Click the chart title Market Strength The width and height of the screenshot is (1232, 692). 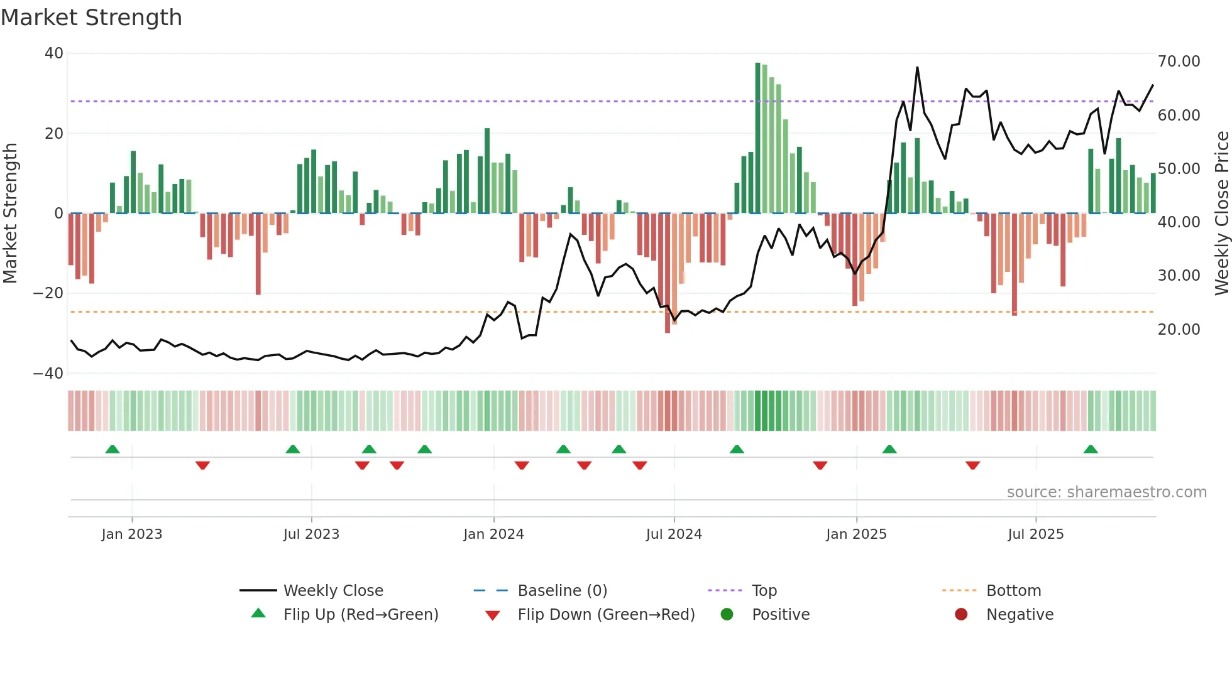[91, 18]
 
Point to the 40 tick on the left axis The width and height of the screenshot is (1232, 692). [54, 53]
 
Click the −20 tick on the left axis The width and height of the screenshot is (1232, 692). [48, 293]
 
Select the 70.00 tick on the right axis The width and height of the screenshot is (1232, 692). [1179, 62]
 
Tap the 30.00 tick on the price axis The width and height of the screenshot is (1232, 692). [1179, 276]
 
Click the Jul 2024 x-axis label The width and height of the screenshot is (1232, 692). [673, 534]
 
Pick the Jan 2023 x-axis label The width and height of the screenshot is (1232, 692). [131, 534]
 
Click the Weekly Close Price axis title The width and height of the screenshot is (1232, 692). [1221, 214]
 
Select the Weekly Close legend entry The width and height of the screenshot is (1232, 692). [333, 591]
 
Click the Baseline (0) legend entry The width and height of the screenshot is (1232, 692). [562, 591]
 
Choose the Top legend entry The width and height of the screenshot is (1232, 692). [764, 591]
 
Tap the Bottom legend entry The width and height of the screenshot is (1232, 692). [1013, 591]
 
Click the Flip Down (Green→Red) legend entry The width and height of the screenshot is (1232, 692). [605, 615]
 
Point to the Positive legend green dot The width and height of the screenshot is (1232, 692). [727, 615]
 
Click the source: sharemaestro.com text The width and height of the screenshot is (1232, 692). [1106, 492]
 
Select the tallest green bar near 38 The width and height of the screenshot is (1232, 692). [757, 138]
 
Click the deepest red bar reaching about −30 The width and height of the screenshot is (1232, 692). [668, 273]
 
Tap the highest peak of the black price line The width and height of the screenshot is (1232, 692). [917, 68]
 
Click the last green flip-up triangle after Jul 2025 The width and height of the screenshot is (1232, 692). [1091, 450]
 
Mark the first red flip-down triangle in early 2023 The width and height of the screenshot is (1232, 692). [202, 465]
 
